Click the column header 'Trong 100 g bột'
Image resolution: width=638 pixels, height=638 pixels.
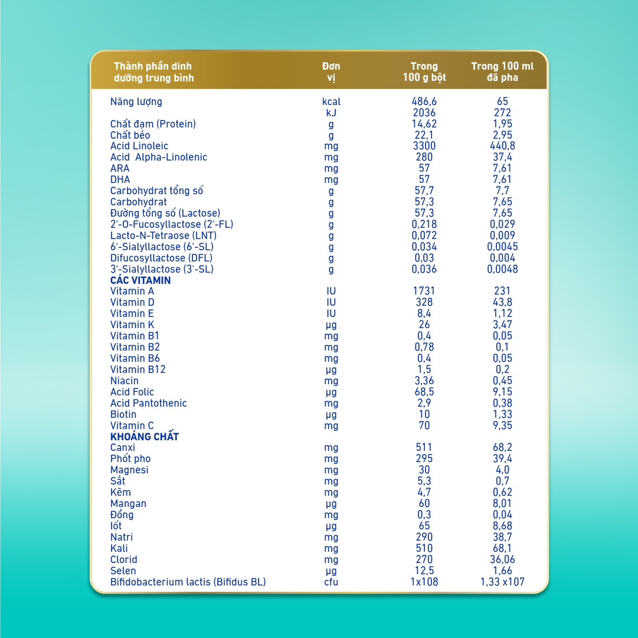pyautogui.click(x=424, y=72)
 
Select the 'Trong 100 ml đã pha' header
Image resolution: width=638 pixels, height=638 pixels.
pyautogui.click(x=502, y=72)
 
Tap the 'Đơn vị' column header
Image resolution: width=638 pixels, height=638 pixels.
pyautogui.click(x=331, y=72)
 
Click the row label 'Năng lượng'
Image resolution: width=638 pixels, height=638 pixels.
pyautogui.click(x=136, y=102)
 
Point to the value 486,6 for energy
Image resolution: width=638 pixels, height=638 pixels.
pyautogui.click(x=424, y=102)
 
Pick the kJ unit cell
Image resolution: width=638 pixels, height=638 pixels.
pyautogui.click(x=331, y=113)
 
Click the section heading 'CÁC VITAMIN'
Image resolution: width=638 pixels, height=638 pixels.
pyautogui.click(x=140, y=280)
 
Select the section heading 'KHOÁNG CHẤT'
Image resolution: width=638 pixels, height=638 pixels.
pyautogui.click(x=145, y=437)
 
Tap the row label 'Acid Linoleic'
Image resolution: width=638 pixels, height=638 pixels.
pyautogui.click(x=139, y=146)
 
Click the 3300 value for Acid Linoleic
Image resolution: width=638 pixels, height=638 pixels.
pyautogui.click(x=424, y=146)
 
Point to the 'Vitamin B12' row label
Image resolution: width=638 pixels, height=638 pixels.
pyautogui.click(x=138, y=369)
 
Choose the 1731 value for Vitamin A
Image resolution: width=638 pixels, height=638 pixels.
pyautogui.click(x=424, y=291)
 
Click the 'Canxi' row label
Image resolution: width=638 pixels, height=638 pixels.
pyautogui.click(x=123, y=447)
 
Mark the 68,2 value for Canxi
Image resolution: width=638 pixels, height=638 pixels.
pyautogui.click(x=502, y=447)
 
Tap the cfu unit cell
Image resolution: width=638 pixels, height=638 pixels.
pyautogui.click(x=331, y=583)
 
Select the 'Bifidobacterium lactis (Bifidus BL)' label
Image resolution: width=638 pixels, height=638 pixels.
pyautogui.click(x=188, y=582)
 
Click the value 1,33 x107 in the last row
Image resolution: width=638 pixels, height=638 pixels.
pyautogui.click(x=502, y=582)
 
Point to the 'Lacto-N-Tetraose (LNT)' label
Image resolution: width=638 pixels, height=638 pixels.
pyautogui.click(x=163, y=235)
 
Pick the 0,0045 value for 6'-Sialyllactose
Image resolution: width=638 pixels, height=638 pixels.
pyautogui.click(x=502, y=247)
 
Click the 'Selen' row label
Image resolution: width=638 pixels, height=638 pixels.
pyautogui.click(x=123, y=571)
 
